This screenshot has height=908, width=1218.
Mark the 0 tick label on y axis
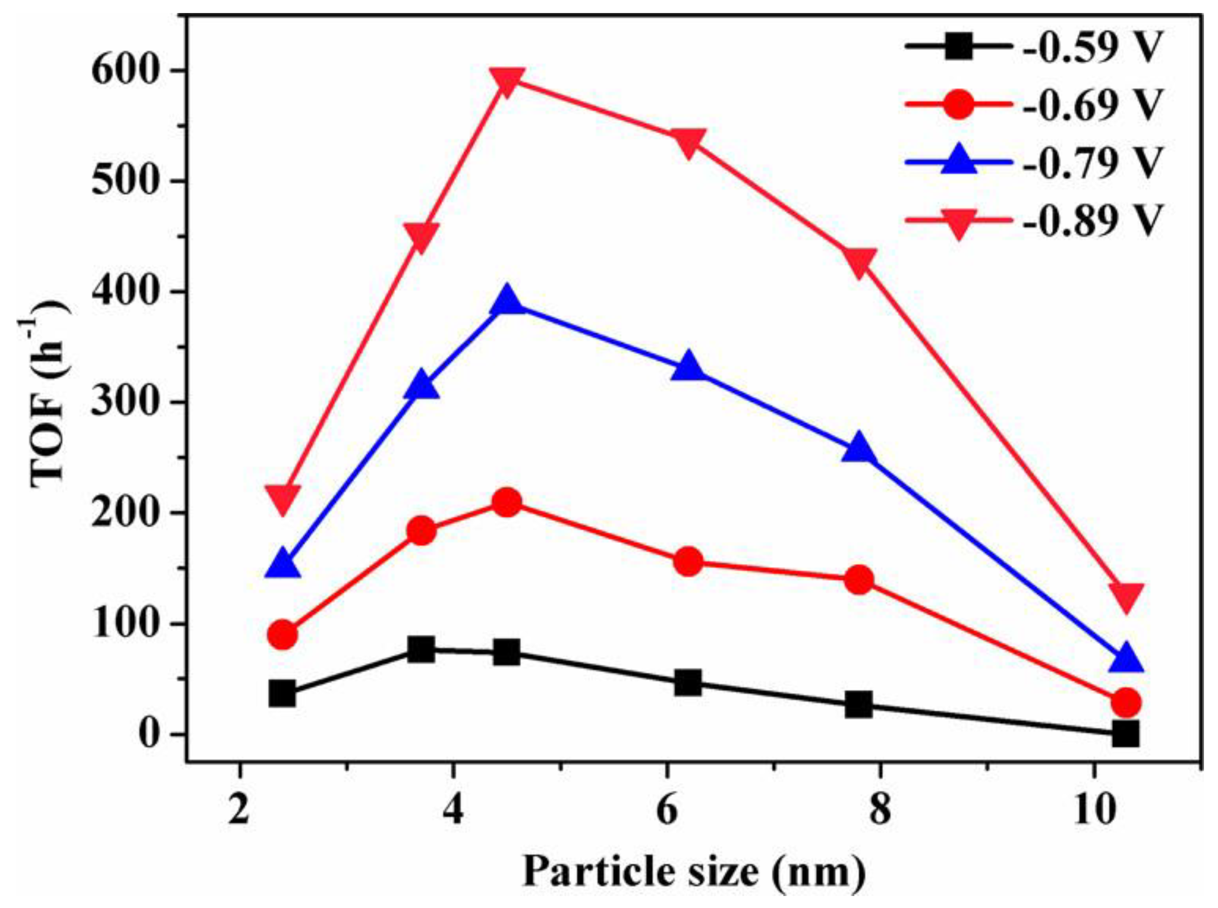[150, 735]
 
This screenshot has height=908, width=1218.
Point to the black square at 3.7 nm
[422, 650]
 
